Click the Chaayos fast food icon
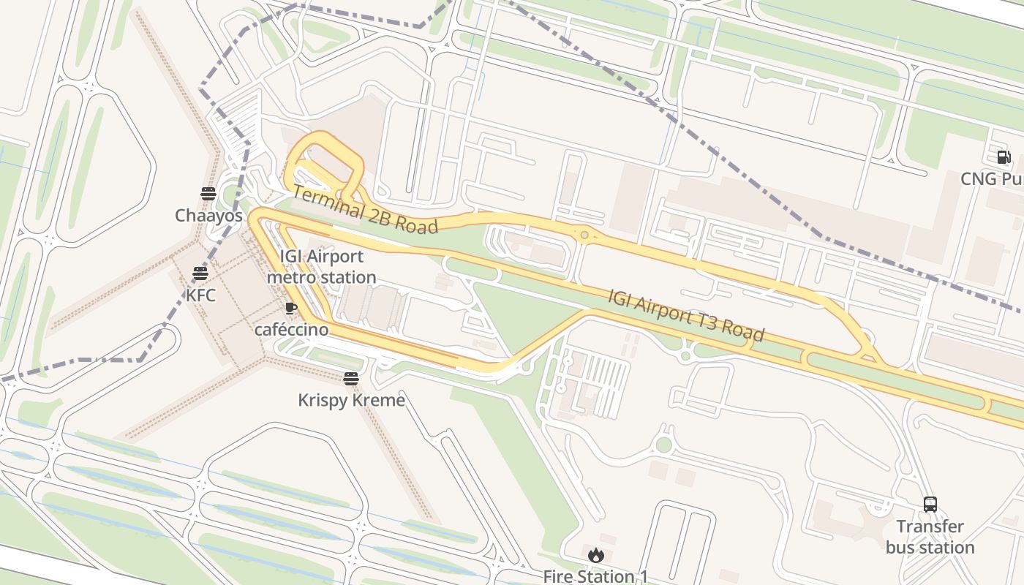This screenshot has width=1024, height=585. pos(208,194)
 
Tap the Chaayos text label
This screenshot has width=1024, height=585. pos(208,216)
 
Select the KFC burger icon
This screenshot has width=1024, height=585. pos(200,273)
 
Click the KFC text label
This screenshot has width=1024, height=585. pos(200,295)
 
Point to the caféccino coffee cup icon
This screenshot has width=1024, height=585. pos(290,308)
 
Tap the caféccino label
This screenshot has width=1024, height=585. pos(291,330)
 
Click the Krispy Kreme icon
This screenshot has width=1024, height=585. pos(351,378)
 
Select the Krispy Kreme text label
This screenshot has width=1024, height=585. pos(351,400)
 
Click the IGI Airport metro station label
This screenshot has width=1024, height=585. pos(321,267)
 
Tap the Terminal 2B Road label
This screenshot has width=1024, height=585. pos(366,211)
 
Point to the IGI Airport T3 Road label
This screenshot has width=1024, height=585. pos(686,315)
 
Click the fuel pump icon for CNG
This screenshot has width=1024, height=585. pos(1004,157)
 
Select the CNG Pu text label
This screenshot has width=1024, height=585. pos(991,179)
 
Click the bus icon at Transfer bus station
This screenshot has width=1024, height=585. pos(930,505)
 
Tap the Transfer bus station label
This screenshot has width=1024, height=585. pos(930,537)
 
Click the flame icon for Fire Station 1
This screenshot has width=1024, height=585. pos(595,555)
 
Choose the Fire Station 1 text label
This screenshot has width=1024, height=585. pos(595,576)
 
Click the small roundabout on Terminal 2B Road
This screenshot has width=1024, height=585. pos(584,235)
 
